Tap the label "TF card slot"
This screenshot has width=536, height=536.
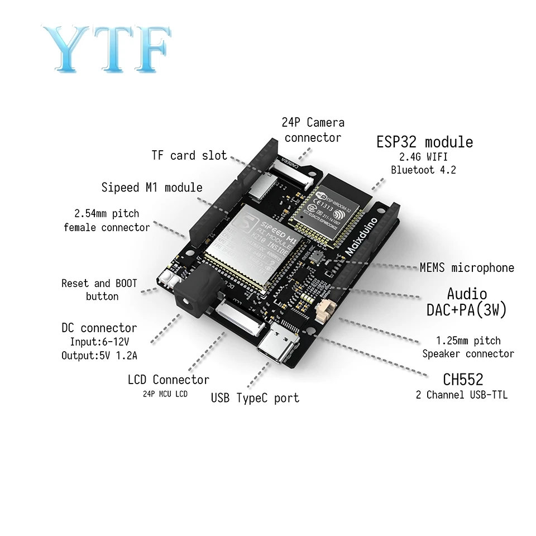[189, 155]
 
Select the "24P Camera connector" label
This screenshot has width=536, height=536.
[313, 130]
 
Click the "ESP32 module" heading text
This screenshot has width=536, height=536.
[424, 142]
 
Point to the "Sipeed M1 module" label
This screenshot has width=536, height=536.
[152, 187]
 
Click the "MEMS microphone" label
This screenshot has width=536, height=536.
[467, 268]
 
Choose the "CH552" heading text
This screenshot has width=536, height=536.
[462, 380]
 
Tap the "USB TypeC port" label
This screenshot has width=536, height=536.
[255, 398]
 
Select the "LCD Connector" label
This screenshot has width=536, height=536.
[168, 380]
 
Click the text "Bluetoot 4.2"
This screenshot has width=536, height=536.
[423, 170]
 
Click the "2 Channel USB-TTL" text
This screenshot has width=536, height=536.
[462, 395]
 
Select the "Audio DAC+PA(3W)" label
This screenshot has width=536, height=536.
[466, 302]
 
